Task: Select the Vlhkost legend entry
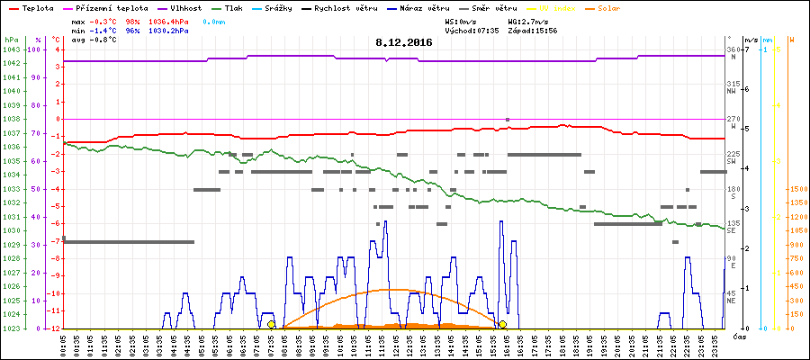(x=184, y=7)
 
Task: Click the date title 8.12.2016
(x=404, y=42)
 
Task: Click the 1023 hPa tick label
(x=11, y=328)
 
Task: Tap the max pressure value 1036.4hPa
(x=170, y=20)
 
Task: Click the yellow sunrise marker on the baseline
(x=271, y=324)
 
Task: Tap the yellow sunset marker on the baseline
(x=502, y=324)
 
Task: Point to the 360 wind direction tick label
(x=733, y=49)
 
